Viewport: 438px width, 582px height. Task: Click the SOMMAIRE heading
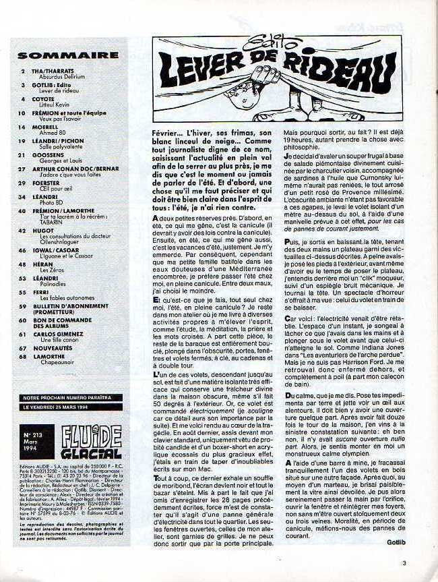(63, 55)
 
